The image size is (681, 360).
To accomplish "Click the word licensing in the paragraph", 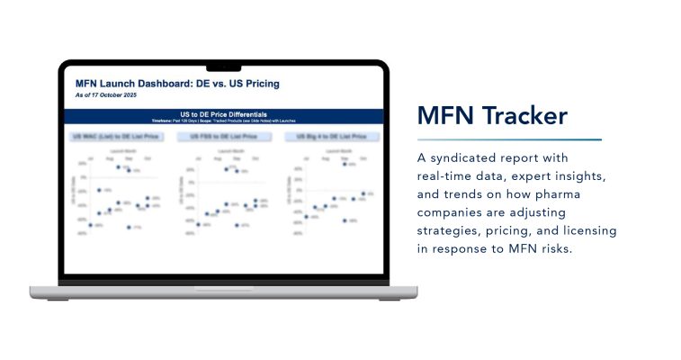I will click(x=587, y=230).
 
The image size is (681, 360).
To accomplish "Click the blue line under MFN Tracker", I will click(x=509, y=139).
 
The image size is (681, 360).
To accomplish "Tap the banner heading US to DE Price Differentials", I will click(x=223, y=114).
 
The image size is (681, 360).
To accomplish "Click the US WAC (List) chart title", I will click(x=108, y=137).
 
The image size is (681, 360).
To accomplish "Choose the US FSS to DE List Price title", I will click(x=216, y=137).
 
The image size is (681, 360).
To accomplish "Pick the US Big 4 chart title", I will click(x=326, y=137).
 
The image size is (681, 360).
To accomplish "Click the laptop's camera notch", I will click(x=223, y=66).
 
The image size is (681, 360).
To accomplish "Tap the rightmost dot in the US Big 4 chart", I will click(x=363, y=193).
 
